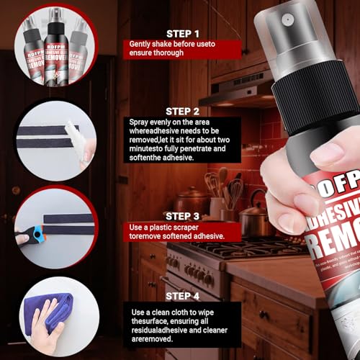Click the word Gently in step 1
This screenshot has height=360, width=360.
(x=141, y=44)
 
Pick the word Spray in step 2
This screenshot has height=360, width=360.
(x=140, y=123)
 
